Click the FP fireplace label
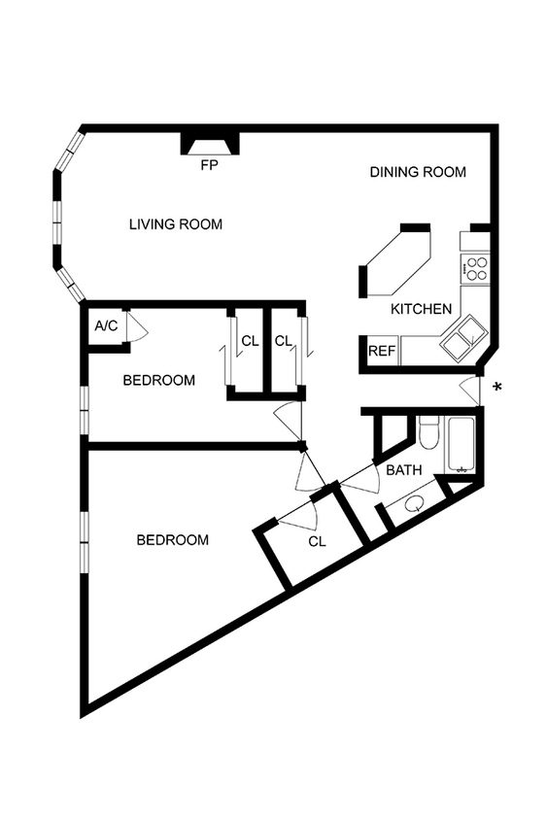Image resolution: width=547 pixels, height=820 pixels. click(208, 165)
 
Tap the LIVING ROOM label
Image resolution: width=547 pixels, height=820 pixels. click(176, 224)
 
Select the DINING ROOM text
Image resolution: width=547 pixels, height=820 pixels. click(418, 172)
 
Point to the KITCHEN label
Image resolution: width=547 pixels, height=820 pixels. click(421, 309)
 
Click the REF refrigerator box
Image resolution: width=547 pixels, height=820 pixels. click(382, 351)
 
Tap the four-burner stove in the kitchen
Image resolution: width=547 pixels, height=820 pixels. click(476, 268)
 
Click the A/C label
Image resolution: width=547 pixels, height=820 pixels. click(106, 325)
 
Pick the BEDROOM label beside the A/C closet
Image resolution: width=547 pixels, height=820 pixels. click(158, 380)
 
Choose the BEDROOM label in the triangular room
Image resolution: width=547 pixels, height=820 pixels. click(172, 540)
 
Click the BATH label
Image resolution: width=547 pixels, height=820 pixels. click(403, 470)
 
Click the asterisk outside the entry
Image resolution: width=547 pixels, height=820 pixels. click(498, 388)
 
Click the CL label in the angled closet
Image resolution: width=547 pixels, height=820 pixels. click(317, 542)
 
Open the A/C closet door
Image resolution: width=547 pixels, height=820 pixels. click(137, 328)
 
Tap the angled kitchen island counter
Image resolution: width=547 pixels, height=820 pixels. click(398, 260)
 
